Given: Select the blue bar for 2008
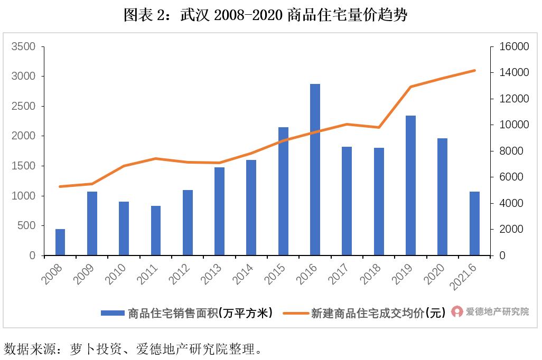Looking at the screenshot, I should click(x=60, y=242).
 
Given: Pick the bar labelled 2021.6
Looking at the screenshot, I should click(x=474, y=224).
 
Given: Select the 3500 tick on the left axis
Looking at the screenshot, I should click(x=24, y=47).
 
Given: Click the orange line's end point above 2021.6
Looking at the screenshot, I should click(x=474, y=70).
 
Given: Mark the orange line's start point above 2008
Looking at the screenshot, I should click(x=60, y=186).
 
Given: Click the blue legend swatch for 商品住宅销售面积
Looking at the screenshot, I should click(x=113, y=313).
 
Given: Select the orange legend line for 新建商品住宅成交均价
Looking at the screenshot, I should click(x=295, y=313).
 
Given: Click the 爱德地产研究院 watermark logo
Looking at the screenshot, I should click(x=456, y=312).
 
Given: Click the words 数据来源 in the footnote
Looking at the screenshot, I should click(x=23, y=349).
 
